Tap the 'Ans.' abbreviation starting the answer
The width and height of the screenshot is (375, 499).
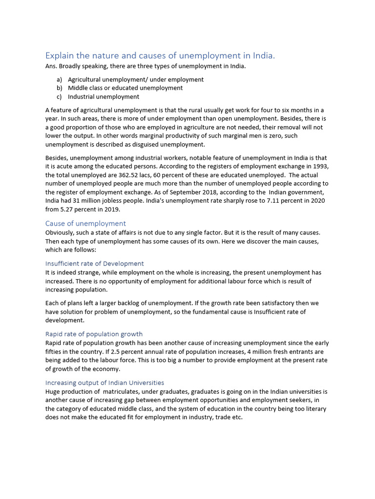51,66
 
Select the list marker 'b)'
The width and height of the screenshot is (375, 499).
60,88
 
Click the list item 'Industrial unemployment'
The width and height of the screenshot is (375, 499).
104,97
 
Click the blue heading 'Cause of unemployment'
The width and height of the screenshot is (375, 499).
85,223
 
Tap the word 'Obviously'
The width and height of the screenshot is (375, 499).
61,232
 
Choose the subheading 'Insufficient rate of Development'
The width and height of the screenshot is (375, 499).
94,264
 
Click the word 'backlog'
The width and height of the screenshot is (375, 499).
129,303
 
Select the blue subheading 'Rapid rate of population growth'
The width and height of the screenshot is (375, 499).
94,334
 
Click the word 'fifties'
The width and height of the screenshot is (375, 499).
54,351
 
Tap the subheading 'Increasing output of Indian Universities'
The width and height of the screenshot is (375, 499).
104,383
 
